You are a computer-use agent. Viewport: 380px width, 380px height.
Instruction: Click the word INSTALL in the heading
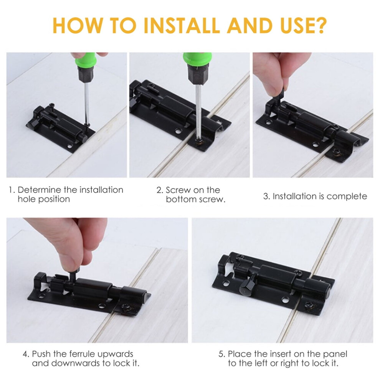182,25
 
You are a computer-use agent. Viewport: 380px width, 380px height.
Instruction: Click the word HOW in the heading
78,25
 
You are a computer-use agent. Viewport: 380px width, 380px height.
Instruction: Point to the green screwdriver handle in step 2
197,59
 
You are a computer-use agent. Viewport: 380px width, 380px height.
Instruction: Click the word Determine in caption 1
39,190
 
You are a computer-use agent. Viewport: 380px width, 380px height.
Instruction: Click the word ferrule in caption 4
82,354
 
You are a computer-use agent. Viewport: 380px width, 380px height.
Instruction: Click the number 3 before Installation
266,196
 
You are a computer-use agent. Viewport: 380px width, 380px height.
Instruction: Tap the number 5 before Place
221,354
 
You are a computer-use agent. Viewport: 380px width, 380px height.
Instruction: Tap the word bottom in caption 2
181,200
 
